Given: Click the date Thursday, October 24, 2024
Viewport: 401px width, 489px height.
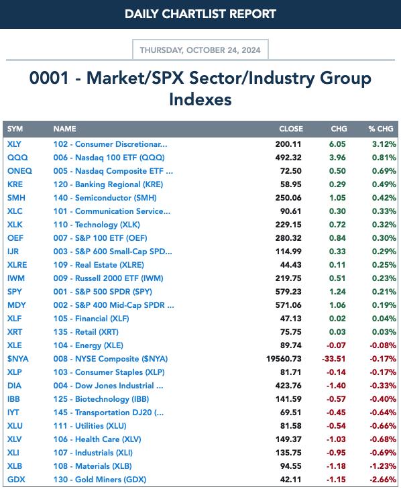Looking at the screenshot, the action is (200, 50).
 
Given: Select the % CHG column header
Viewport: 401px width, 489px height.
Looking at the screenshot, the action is (381, 129).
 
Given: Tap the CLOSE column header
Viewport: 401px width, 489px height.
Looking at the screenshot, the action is (291, 129).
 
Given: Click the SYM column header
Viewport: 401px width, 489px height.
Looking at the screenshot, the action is (15, 129).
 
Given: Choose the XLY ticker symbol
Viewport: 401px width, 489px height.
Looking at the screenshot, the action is (14, 144).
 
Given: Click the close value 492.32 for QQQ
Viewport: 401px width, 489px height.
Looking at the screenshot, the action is (288, 158).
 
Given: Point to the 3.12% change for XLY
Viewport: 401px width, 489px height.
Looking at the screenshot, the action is (384, 144).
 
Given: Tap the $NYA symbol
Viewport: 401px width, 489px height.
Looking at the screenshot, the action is (18, 359).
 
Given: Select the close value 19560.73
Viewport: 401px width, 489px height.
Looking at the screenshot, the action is (284, 359).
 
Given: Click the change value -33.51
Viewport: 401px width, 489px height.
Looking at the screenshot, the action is (334, 359).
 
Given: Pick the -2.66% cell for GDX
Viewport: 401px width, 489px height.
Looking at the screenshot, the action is (383, 480).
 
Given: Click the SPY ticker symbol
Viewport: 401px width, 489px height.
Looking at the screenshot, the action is (15, 292).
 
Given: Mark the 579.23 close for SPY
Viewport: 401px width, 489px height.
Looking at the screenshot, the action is (288, 292).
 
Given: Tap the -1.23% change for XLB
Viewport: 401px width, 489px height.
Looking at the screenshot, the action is (383, 466).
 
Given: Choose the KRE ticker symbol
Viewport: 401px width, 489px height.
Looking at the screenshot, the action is (15, 184).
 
